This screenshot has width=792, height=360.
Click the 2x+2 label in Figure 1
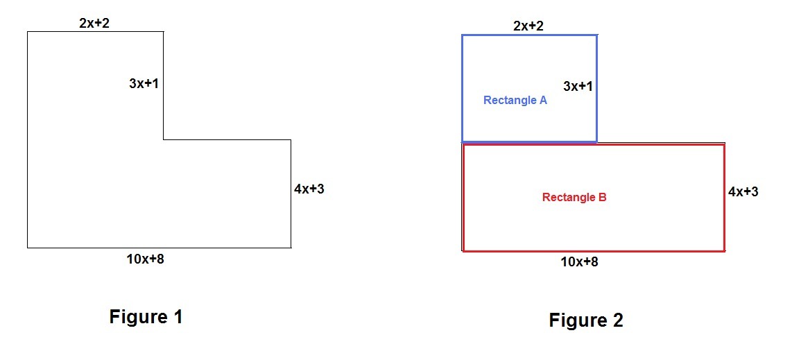pyautogui.click(x=94, y=23)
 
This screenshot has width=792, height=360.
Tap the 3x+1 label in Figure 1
pyautogui.click(x=144, y=84)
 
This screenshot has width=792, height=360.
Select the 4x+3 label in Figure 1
pyautogui.click(x=309, y=189)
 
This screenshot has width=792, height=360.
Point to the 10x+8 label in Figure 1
pyautogui.click(x=145, y=259)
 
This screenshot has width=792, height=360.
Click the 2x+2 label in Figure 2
pyautogui.click(x=528, y=26)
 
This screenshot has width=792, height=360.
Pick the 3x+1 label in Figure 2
pyautogui.click(x=578, y=87)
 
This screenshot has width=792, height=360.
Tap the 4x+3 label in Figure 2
pyautogui.click(x=743, y=191)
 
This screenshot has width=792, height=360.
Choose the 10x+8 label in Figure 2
pyautogui.click(x=579, y=262)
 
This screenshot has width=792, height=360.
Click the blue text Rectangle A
pyautogui.click(x=515, y=101)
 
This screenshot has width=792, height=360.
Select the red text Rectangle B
pyautogui.click(x=574, y=198)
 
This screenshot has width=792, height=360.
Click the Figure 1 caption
pyautogui.click(x=146, y=317)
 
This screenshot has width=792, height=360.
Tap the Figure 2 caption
pyautogui.click(x=586, y=320)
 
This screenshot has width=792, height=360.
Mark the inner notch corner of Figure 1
pyautogui.click(x=164, y=140)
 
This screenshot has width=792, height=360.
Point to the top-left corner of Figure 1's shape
pyautogui.click(x=28, y=32)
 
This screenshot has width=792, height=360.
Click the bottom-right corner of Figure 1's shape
pyautogui.click(x=291, y=248)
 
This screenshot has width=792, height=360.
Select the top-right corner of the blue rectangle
pyautogui.click(x=596, y=35)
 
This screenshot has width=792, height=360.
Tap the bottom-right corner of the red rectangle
pyautogui.click(x=725, y=250)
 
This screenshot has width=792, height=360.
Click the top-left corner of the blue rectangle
pyautogui.click(x=463, y=35)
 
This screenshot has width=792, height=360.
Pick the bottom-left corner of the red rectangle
pyautogui.click(x=463, y=250)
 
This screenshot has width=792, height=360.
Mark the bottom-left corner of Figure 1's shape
pyautogui.click(x=28, y=248)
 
